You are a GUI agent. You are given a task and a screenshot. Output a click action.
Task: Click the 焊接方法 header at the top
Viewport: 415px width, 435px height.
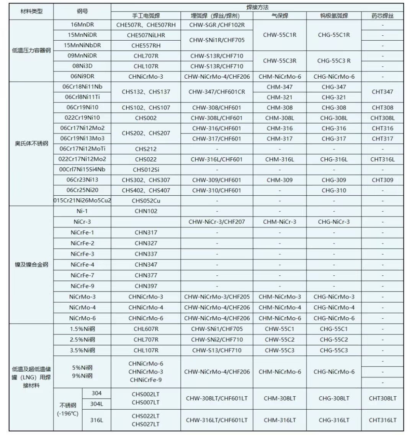tap(257, 7)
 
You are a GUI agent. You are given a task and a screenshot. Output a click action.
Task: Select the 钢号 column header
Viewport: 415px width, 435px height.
tap(82, 12)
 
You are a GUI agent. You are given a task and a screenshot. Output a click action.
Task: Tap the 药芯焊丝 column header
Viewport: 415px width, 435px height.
tap(382, 16)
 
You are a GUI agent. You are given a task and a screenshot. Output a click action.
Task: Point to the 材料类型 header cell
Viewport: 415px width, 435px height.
tap(31, 12)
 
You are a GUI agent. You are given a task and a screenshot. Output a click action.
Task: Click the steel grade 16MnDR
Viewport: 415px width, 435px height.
tap(82, 25)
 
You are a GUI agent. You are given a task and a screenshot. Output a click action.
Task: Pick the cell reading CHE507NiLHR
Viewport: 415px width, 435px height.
tap(146, 35)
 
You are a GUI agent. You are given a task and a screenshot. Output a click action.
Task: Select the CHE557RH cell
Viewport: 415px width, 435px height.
tap(146, 45)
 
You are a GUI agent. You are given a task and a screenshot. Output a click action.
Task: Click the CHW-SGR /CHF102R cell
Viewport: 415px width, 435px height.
tap(217, 25)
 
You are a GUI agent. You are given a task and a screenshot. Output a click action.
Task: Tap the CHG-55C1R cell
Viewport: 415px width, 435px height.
tap(334, 35)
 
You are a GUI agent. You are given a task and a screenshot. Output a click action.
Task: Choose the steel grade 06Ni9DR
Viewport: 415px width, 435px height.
tap(82, 76)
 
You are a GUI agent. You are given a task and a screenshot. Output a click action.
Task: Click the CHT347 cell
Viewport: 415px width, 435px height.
tap(382, 92)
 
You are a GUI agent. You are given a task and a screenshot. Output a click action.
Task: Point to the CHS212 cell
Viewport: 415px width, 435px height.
tap(146, 149)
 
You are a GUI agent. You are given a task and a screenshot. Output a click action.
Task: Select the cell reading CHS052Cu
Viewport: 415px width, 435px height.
tap(146, 201)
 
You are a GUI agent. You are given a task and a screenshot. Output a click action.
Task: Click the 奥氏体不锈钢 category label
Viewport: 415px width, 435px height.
tap(31, 144)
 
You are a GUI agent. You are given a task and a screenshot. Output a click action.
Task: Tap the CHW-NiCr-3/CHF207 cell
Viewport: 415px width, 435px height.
tap(217, 222)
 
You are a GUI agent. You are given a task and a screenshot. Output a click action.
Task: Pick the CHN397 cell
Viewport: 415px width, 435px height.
tap(146, 286)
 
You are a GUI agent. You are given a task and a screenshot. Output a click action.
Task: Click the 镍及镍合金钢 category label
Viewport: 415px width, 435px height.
tap(31, 265)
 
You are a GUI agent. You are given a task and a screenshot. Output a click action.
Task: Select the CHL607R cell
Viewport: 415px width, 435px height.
tap(146, 329)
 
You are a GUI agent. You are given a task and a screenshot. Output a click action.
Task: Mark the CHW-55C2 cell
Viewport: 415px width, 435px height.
tap(279, 340)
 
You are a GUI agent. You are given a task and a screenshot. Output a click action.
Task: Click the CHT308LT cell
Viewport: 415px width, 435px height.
tap(382, 399)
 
